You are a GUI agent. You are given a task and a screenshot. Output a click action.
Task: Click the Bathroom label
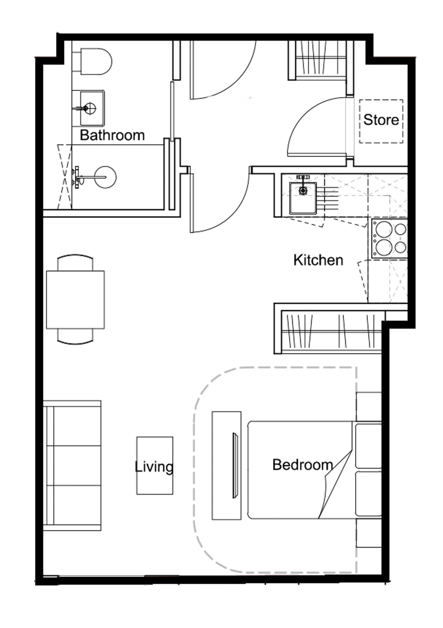[112, 135]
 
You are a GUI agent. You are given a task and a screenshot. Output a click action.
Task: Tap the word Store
[381, 120]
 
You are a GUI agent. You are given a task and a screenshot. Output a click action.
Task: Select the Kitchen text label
[318, 260]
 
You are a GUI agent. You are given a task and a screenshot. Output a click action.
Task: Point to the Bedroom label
[303, 464]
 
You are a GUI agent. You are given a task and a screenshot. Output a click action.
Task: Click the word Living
[154, 466]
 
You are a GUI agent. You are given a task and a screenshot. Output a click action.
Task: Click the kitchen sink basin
[303, 198]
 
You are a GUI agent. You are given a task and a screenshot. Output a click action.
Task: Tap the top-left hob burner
[384, 230]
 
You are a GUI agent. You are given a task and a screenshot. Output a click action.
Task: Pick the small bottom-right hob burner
[400, 247]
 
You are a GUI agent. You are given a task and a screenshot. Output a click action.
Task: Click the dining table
[75, 299]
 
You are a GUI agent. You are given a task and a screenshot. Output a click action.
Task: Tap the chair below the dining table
[75, 336]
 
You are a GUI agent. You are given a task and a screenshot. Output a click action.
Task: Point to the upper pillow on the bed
[368, 446]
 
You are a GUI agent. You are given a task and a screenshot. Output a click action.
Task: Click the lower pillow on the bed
[368, 494]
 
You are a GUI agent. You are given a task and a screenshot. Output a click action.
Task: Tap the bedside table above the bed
[369, 407]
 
